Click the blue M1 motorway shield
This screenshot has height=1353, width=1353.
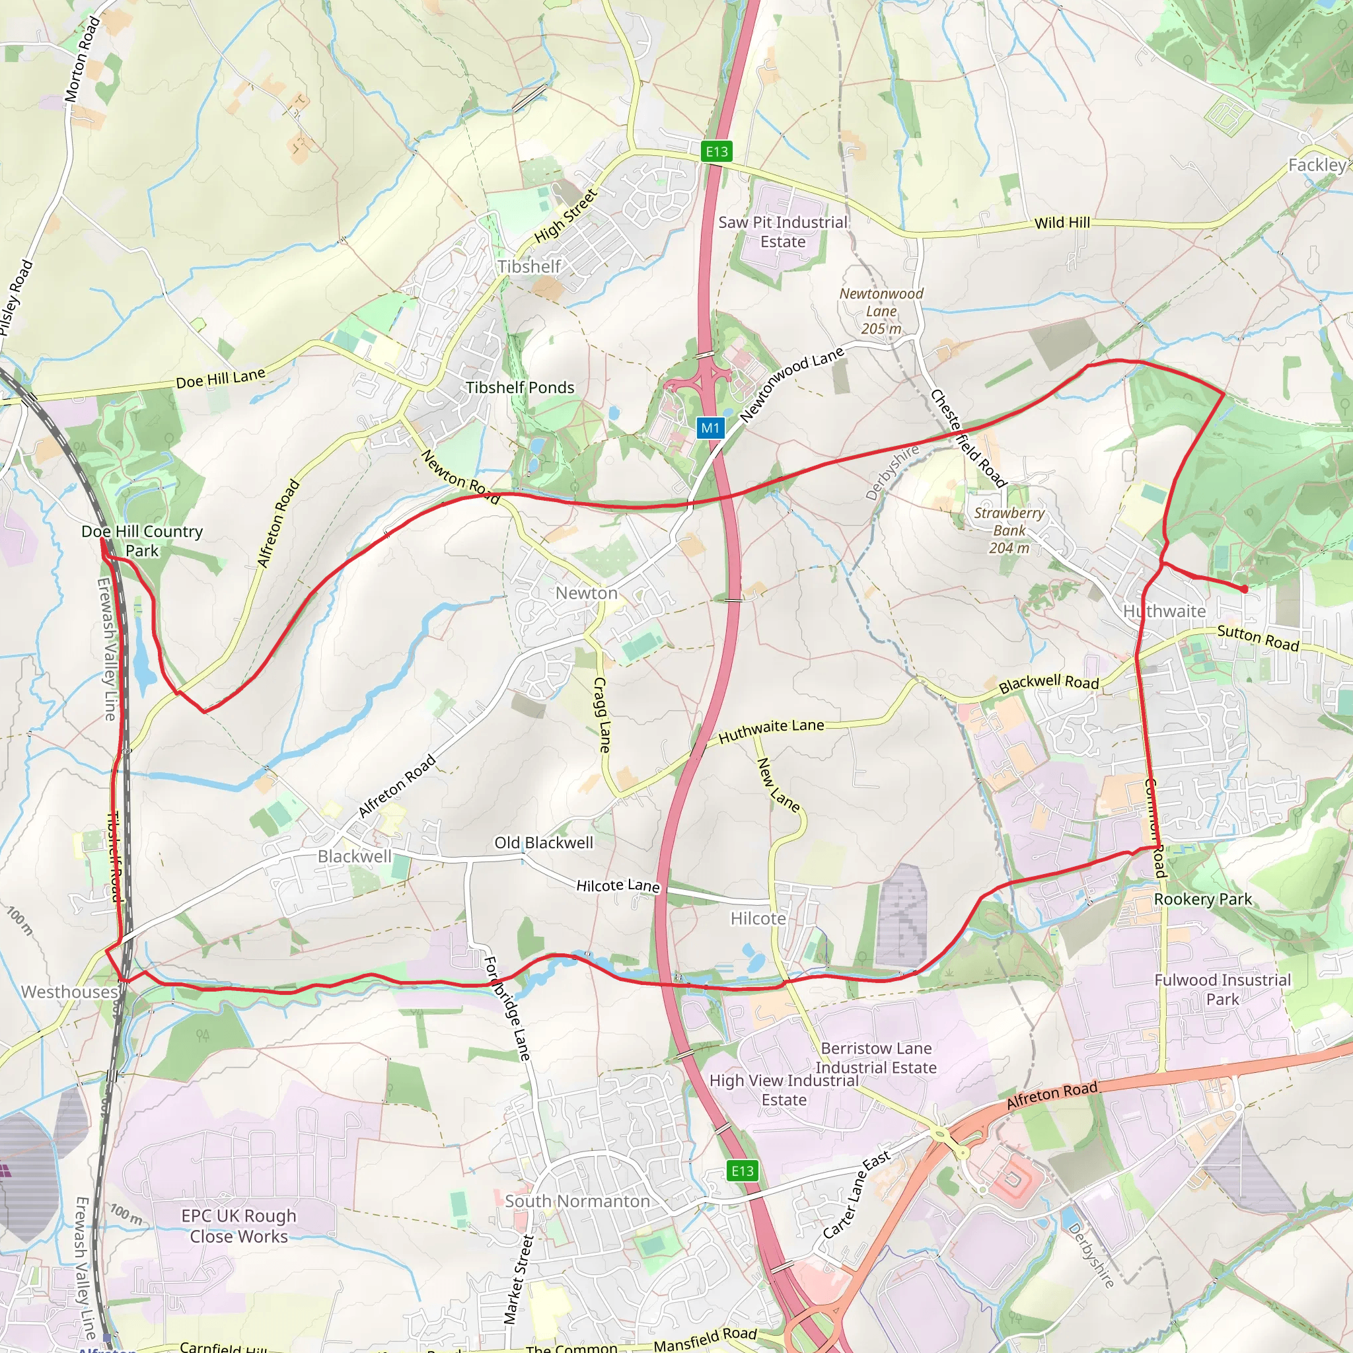click(x=710, y=428)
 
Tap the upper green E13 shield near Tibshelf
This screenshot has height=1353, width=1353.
click(x=716, y=151)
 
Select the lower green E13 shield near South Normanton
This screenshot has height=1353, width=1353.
click(x=743, y=1170)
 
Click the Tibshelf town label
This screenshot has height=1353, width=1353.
click(x=529, y=267)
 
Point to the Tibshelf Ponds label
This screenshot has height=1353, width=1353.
click(x=520, y=387)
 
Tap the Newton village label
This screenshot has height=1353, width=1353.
click(x=586, y=593)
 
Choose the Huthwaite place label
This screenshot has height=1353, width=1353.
click(x=1164, y=611)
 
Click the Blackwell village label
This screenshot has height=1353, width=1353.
click(x=354, y=856)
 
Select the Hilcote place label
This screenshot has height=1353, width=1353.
click(x=758, y=918)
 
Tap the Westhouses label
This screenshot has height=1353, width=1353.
click(x=69, y=992)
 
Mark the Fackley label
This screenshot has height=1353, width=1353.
click(x=1317, y=165)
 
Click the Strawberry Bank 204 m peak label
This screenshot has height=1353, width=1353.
click(x=1009, y=530)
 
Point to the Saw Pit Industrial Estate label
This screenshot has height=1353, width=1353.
click(x=783, y=232)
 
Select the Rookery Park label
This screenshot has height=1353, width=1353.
click(x=1202, y=899)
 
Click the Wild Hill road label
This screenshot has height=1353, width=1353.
click(x=1062, y=223)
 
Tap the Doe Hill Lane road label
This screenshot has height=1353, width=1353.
click(x=221, y=378)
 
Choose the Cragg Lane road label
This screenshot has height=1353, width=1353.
click(x=601, y=714)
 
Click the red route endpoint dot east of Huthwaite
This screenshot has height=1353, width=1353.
click(x=1244, y=589)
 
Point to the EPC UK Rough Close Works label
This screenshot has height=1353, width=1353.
click(x=238, y=1225)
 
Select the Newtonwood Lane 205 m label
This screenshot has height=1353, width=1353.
click(x=881, y=311)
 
